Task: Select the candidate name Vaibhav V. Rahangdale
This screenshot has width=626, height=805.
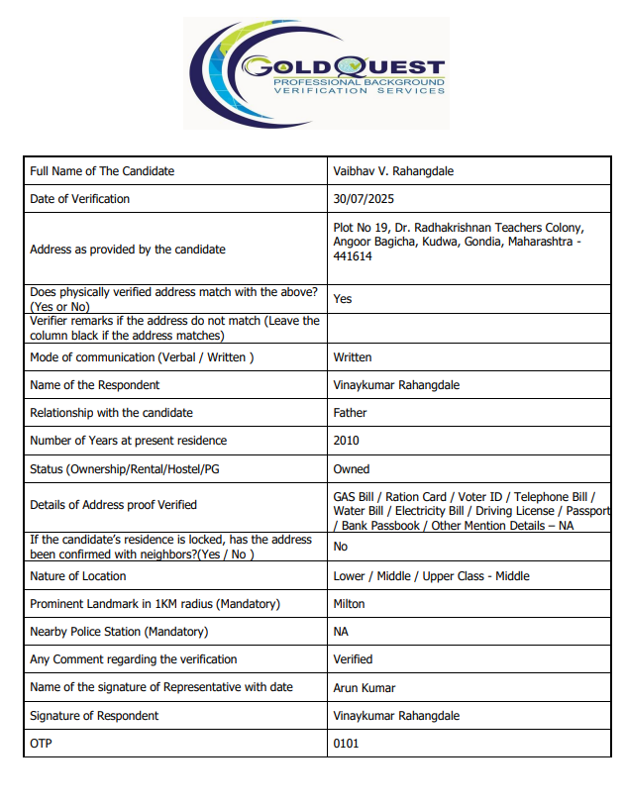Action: click(393, 171)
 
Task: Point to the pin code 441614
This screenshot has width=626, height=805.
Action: click(353, 256)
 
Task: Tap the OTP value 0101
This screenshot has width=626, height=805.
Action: click(346, 744)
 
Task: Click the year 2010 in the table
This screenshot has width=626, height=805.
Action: click(347, 441)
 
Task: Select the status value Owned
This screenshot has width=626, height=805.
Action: click(352, 469)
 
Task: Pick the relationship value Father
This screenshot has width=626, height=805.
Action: click(350, 413)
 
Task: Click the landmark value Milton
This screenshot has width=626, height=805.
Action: click(349, 604)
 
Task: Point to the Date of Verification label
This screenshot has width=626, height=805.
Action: click(80, 199)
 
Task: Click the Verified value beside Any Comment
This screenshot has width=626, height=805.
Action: click(353, 659)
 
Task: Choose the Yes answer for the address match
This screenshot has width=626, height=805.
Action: click(343, 299)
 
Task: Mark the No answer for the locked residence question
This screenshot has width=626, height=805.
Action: click(341, 547)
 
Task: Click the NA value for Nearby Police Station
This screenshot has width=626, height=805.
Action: click(342, 632)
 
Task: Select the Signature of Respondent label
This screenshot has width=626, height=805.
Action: click(94, 716)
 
